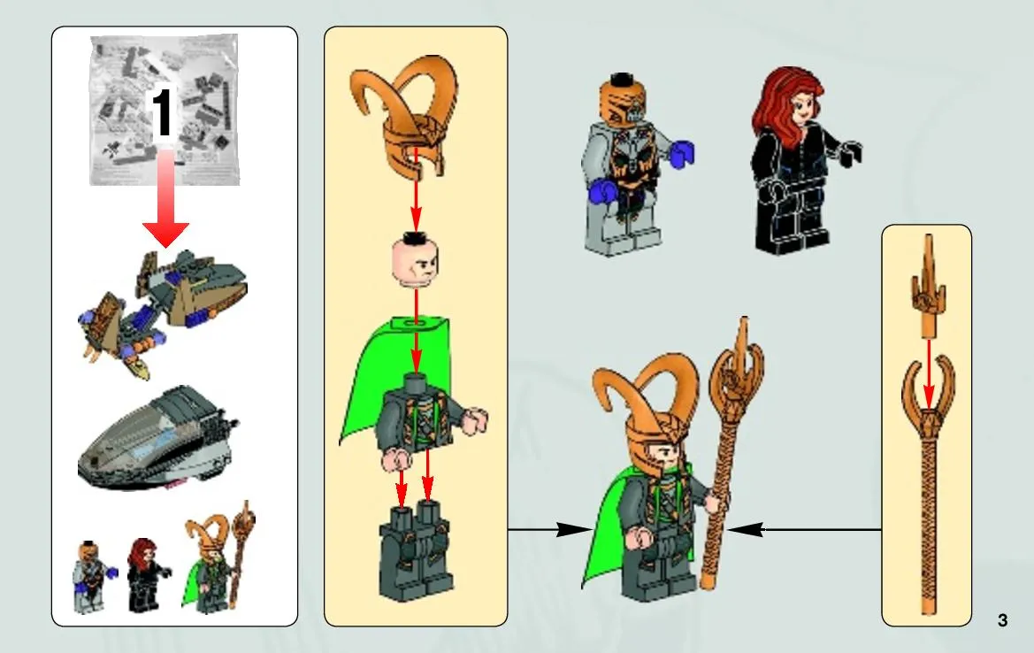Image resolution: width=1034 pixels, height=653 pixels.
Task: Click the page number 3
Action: click(1002, 620)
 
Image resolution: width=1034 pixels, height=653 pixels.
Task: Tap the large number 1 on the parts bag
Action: click(162, 113)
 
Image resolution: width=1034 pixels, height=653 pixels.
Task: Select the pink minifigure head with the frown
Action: click(416, 261)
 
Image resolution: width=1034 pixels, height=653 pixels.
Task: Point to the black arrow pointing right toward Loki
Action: click(551, 529)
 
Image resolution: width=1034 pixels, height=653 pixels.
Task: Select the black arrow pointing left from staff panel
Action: click(805, 529)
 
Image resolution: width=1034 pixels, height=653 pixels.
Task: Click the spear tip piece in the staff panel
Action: click(929, 284)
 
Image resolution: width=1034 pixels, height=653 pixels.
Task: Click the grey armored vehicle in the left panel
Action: click(158, 439)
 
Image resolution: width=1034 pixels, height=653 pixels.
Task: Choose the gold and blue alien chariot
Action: click(162, 310)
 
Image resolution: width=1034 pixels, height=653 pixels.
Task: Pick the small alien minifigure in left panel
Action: click(94, 576)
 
